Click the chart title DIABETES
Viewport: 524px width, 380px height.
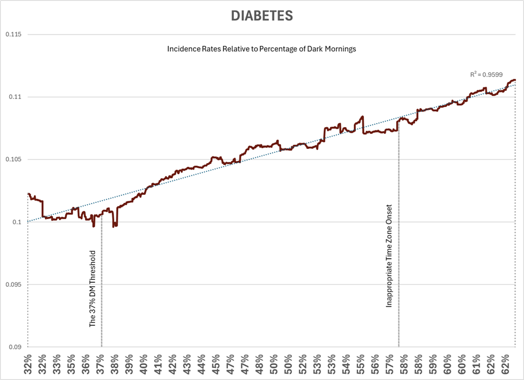(x=262, y=16)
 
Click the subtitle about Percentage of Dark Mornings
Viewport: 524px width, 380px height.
(x=261, y=49)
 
